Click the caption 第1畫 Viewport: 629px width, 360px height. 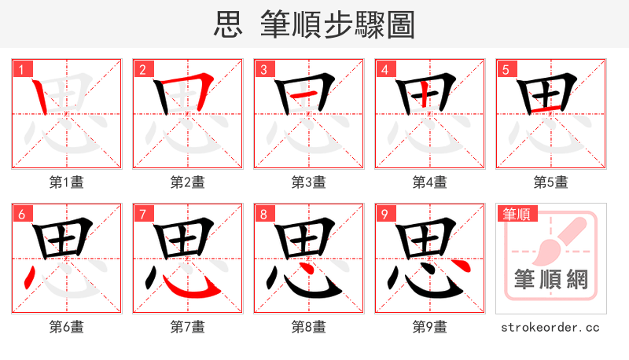tap(66, 182)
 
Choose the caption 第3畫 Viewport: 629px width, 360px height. tap(308, 182)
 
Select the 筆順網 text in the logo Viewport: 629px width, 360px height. tap(550, 278)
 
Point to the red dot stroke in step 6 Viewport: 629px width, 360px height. tap(29, 276)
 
